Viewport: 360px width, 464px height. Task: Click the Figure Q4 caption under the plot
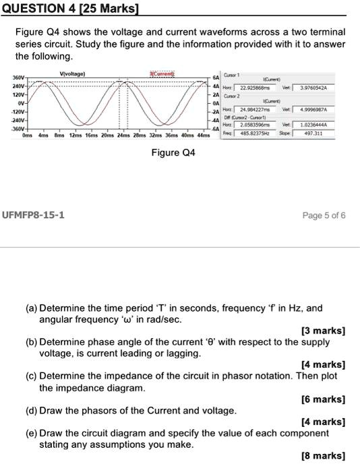[173, 153]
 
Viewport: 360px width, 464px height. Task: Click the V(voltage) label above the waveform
[72, 73]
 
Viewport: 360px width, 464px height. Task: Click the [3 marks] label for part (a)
[324, 330]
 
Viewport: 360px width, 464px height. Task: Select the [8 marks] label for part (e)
[324, 456]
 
